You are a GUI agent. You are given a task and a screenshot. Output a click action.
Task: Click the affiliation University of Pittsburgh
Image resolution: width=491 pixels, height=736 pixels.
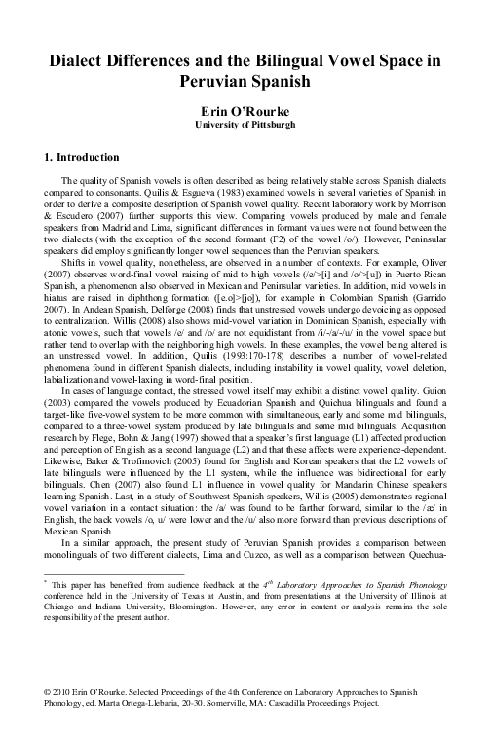[245, 126]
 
